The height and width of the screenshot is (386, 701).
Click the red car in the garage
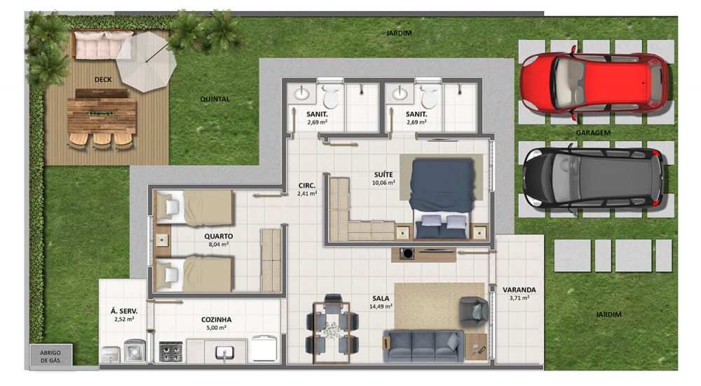pyautogui.click(x=594, y=83)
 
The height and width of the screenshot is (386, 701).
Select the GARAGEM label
pyautogui.click(x=593, y=132)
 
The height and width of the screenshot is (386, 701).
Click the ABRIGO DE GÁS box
pyautogui.click(x=50, y=356)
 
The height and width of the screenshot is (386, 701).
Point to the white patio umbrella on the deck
pyautogui.click(x=147, y=62)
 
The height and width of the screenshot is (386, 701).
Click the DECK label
pyautogui.click(x=103, y=80)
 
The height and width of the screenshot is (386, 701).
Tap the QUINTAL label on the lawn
pyautogui.click(x=215, y=99)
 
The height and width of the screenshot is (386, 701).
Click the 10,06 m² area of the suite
pyautogui.click(x=383, y=183)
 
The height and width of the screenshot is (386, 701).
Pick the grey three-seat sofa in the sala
pyautogui.click(x=423, y=346)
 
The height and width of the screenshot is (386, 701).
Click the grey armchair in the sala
pyautogui.click(x=473, y=311)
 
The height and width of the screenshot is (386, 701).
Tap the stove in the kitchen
pyautogui.click(x=171, y=351)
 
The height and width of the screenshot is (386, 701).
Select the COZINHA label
pyautogui.click(x=217, y=320)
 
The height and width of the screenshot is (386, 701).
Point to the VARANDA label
pyautogui.click(x=519, y=289)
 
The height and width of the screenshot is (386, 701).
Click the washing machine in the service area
pyautogui.click(x=135, y=351)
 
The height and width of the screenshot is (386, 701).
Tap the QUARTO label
pyautogui.click(x=219, y=236)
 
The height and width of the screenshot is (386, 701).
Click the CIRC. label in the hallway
pyautogui.click(x=307, y=186)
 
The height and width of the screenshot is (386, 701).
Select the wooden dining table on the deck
pyautogui.click(x=102, y=116)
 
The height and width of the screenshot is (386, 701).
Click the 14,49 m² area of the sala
pyautogui.click(x=381, y=306)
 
